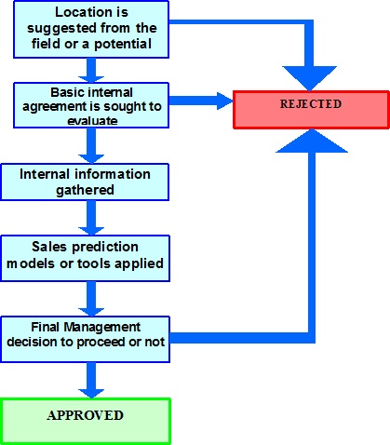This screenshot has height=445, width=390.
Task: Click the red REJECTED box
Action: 311,110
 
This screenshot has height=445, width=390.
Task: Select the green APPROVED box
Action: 86,421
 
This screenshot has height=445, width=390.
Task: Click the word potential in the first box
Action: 123,44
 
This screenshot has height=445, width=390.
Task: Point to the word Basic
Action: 65,92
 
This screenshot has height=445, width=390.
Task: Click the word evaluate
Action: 92,121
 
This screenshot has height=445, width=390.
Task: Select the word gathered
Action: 85,190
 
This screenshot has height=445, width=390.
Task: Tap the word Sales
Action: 49,247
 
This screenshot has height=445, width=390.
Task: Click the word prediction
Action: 105,248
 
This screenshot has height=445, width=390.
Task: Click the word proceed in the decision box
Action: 101,343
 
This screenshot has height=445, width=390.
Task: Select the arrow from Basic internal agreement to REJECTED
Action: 201,101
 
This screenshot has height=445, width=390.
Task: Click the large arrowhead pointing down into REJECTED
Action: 309,78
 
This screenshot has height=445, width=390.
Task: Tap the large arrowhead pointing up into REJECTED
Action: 312,141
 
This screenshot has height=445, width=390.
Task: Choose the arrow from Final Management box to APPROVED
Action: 91,380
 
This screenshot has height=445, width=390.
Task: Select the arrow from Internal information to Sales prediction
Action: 91,218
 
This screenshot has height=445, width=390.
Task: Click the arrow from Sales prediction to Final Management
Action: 91,299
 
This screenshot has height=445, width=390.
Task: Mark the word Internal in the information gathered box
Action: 46,174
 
